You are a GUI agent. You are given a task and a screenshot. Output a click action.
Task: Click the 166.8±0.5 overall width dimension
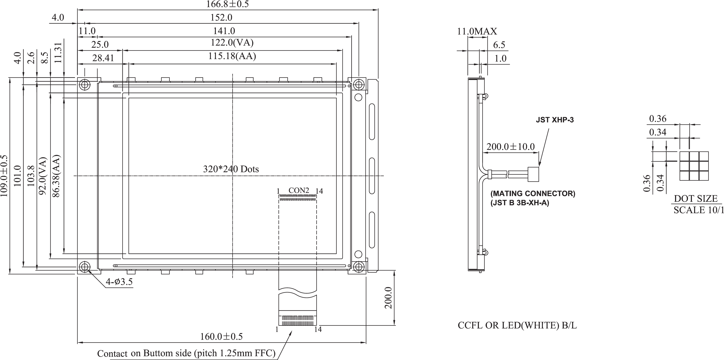pos(227,4)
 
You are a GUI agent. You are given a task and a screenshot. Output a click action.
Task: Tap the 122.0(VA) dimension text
pos(232,43)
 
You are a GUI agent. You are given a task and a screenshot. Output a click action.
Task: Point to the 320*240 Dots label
pos(231,169)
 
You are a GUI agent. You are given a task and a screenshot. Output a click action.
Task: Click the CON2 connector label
pos(299,190)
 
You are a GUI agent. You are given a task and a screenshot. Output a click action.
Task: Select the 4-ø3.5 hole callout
pos(119,282)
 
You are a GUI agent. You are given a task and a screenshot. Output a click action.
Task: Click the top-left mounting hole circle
pos(85,84)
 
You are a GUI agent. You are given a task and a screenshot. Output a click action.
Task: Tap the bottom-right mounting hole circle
pos(358,266)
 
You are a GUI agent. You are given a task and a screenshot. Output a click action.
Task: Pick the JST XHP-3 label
pos(555,120)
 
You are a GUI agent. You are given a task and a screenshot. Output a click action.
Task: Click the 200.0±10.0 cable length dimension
pos(510,146)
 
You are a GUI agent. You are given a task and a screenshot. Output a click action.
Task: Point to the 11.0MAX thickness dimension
pos(477,31)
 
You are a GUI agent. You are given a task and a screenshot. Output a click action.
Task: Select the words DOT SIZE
pos(696,199)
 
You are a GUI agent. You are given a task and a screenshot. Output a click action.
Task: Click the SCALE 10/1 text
pos(698,210)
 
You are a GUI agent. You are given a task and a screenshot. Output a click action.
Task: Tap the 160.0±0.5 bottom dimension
pos(221,336)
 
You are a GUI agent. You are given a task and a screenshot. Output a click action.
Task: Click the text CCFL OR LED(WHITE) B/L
pos(517,325)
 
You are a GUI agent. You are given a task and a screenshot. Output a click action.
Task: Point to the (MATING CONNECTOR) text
pos(533,194)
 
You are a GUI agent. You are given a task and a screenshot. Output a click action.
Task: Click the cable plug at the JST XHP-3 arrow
pos(534,174)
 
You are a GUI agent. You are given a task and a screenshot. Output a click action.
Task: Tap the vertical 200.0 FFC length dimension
pos(388,298)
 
